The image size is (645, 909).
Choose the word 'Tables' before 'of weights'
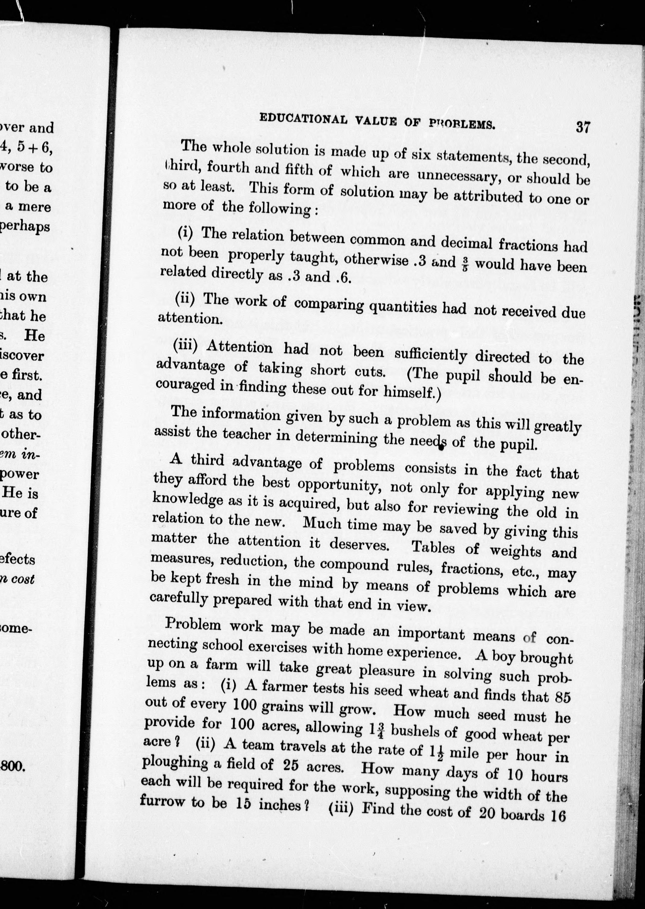(433, 547)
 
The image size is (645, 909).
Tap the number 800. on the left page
(13, 766)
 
